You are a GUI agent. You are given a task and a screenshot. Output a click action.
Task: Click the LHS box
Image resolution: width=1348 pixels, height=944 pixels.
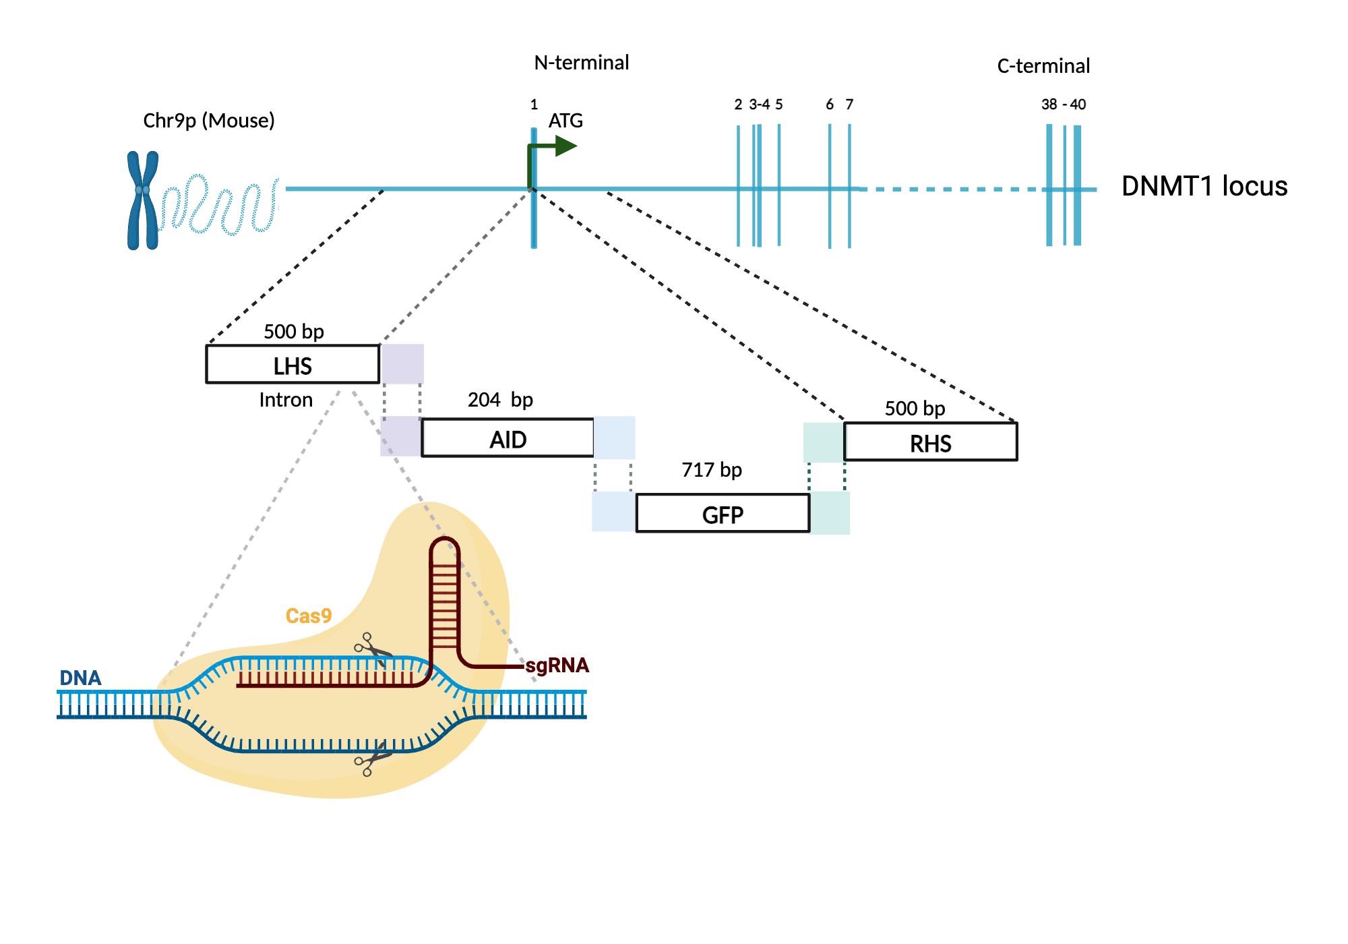(293, 365)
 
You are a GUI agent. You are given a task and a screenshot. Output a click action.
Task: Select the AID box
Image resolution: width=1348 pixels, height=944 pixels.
(508, 438)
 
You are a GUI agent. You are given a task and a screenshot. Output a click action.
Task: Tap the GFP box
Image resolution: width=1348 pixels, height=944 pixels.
(723, 514)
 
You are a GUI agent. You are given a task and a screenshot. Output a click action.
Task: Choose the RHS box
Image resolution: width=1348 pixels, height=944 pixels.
(930, 442)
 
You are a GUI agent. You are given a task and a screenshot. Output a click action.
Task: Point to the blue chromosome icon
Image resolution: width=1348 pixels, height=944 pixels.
(142, 200)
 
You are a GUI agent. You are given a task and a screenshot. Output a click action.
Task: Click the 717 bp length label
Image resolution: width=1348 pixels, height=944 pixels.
(711, 469)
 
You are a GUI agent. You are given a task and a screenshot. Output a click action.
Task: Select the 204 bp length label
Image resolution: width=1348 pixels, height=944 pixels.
(500, 399)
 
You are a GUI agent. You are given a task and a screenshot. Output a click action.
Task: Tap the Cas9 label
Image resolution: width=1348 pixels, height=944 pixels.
(309, 616)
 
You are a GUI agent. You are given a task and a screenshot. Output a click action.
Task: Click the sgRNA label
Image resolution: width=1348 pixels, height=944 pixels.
(557, 666)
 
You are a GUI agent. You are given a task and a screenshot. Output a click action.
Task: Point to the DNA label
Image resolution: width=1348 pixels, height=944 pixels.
(80, 678)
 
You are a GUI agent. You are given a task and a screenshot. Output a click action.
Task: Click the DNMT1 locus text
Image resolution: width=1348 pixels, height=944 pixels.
(1204, 186)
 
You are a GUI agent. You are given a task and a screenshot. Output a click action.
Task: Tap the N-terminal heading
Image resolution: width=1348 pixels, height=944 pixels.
(581, 63)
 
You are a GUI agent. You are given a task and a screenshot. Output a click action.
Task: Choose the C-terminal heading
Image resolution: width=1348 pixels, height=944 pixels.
(1043, 66)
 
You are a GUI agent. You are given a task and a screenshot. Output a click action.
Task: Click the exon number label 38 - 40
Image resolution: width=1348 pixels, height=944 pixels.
(1063, 105)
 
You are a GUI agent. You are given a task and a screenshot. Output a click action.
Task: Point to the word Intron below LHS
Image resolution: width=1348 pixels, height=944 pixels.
(286, 400)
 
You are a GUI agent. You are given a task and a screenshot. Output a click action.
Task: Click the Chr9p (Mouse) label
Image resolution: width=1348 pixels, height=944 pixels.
(209, 121)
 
